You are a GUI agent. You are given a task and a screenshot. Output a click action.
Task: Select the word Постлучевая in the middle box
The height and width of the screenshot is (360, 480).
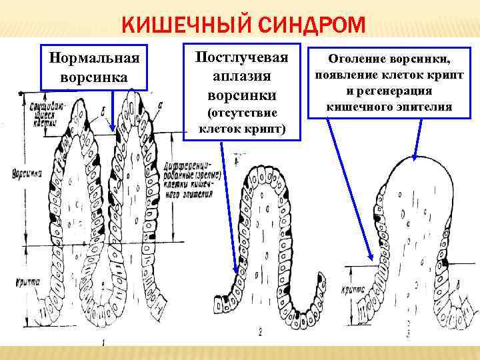[241, 57]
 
